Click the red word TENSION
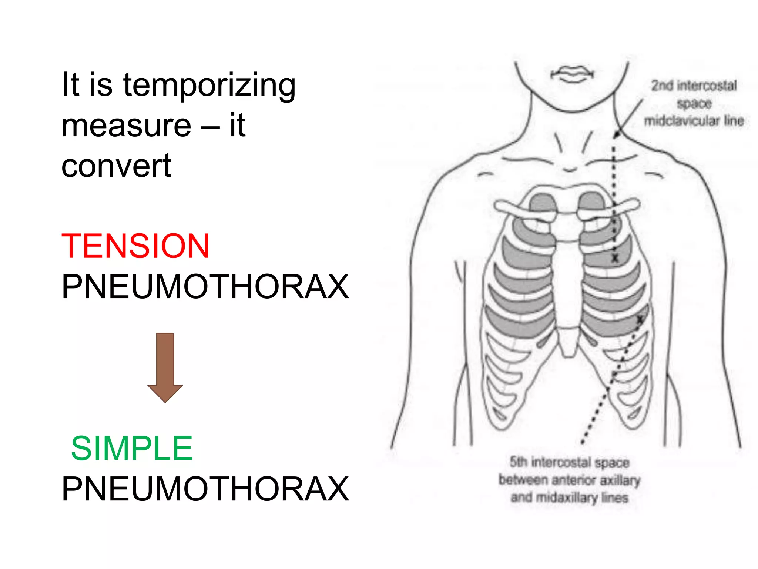click(135, 246)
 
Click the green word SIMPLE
click(132, 449)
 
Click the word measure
click(126, 126)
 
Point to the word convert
click(116, 166)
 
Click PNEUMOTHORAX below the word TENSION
click(205, 287)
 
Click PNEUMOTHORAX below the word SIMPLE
click(205, 489)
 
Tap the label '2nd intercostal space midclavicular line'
click(694, 103)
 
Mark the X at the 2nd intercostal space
click(615, 258)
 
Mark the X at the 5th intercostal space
click(640, 319)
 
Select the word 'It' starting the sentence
click(70, 85)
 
